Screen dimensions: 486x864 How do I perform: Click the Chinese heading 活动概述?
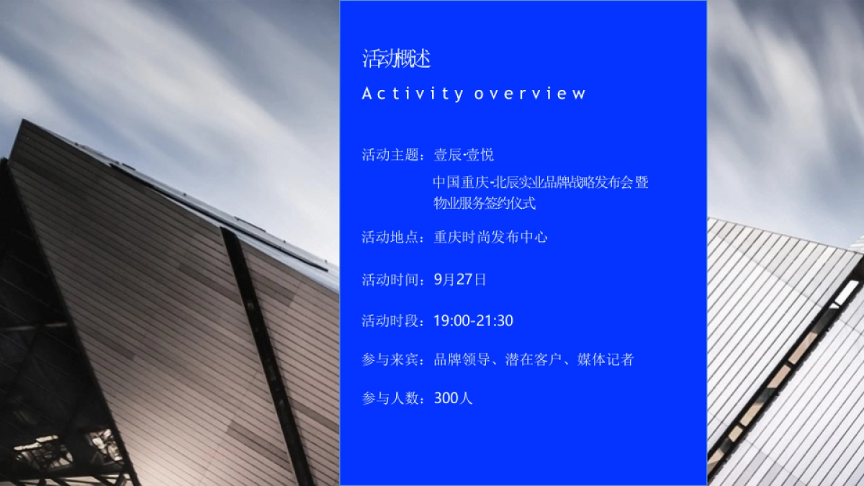[396, 58]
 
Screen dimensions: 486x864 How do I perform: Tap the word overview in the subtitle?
[530, 94]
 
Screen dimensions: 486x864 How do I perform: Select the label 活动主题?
[390, 155]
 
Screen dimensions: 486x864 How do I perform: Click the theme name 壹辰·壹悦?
[464, 155]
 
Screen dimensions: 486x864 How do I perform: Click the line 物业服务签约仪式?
[485, 203]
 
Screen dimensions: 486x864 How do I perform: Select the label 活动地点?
[390, 237]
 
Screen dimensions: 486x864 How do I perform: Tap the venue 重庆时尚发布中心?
[490, 237]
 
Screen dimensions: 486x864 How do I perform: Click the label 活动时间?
[390, 279]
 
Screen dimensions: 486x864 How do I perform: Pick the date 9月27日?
[460, 279]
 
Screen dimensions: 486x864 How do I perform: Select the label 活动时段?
[390, 320]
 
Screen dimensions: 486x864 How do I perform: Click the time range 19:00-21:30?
[473, 320]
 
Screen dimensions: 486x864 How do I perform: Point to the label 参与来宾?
[390, 359]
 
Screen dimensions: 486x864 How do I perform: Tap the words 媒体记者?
[606, 359]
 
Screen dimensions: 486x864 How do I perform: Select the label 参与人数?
[390, 397]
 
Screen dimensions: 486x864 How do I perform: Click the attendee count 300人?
[453, 397]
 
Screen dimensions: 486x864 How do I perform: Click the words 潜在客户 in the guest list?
[534, 359]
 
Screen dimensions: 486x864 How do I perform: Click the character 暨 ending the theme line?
[642, 182]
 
